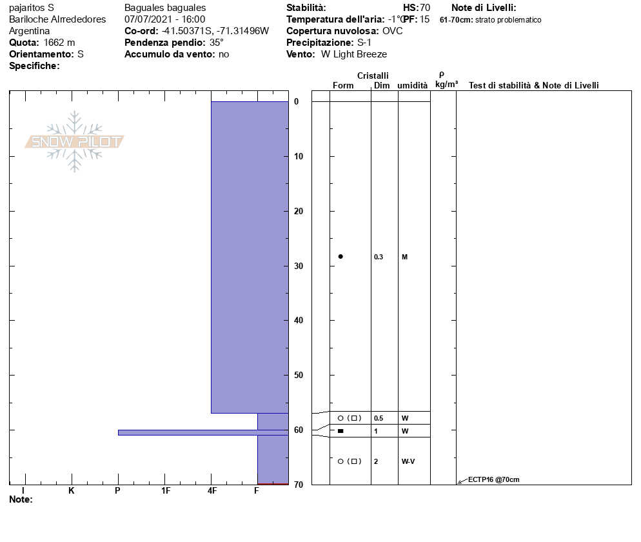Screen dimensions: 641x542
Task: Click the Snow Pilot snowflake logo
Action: (74, 141)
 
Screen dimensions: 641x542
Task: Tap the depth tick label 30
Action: (299, 266)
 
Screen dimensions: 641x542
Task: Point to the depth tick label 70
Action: (299, 485)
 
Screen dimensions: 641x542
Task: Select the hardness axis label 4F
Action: (212, 490)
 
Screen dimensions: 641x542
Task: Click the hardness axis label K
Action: (71, 490)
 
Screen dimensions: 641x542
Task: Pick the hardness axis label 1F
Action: (165, 490)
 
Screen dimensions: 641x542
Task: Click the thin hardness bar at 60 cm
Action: (203, 432)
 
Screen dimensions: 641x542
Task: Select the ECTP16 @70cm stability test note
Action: (493, 479)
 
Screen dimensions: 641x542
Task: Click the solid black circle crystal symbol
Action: (340, 256)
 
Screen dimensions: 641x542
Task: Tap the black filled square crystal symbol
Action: (340, 431)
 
